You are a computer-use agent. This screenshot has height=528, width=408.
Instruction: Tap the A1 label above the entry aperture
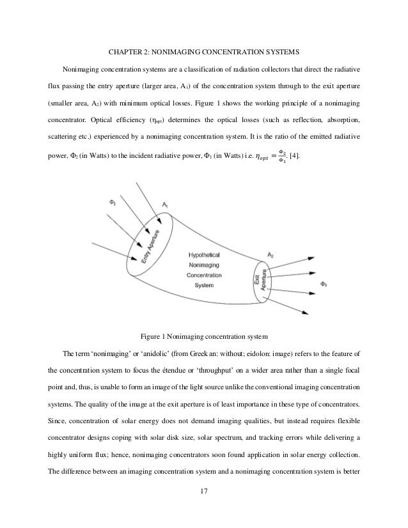coord(165,203)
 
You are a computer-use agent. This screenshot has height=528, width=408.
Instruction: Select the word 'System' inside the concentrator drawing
coord(205,285)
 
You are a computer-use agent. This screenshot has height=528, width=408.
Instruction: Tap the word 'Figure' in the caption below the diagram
coord(152,336)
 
